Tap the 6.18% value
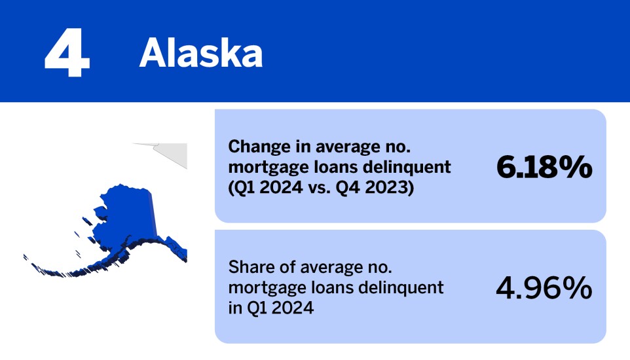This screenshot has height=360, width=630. (544, 168)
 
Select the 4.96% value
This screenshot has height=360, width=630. (544, 288)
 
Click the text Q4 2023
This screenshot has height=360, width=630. (384, 187)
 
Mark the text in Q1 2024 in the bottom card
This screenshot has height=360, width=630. (270, 307)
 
